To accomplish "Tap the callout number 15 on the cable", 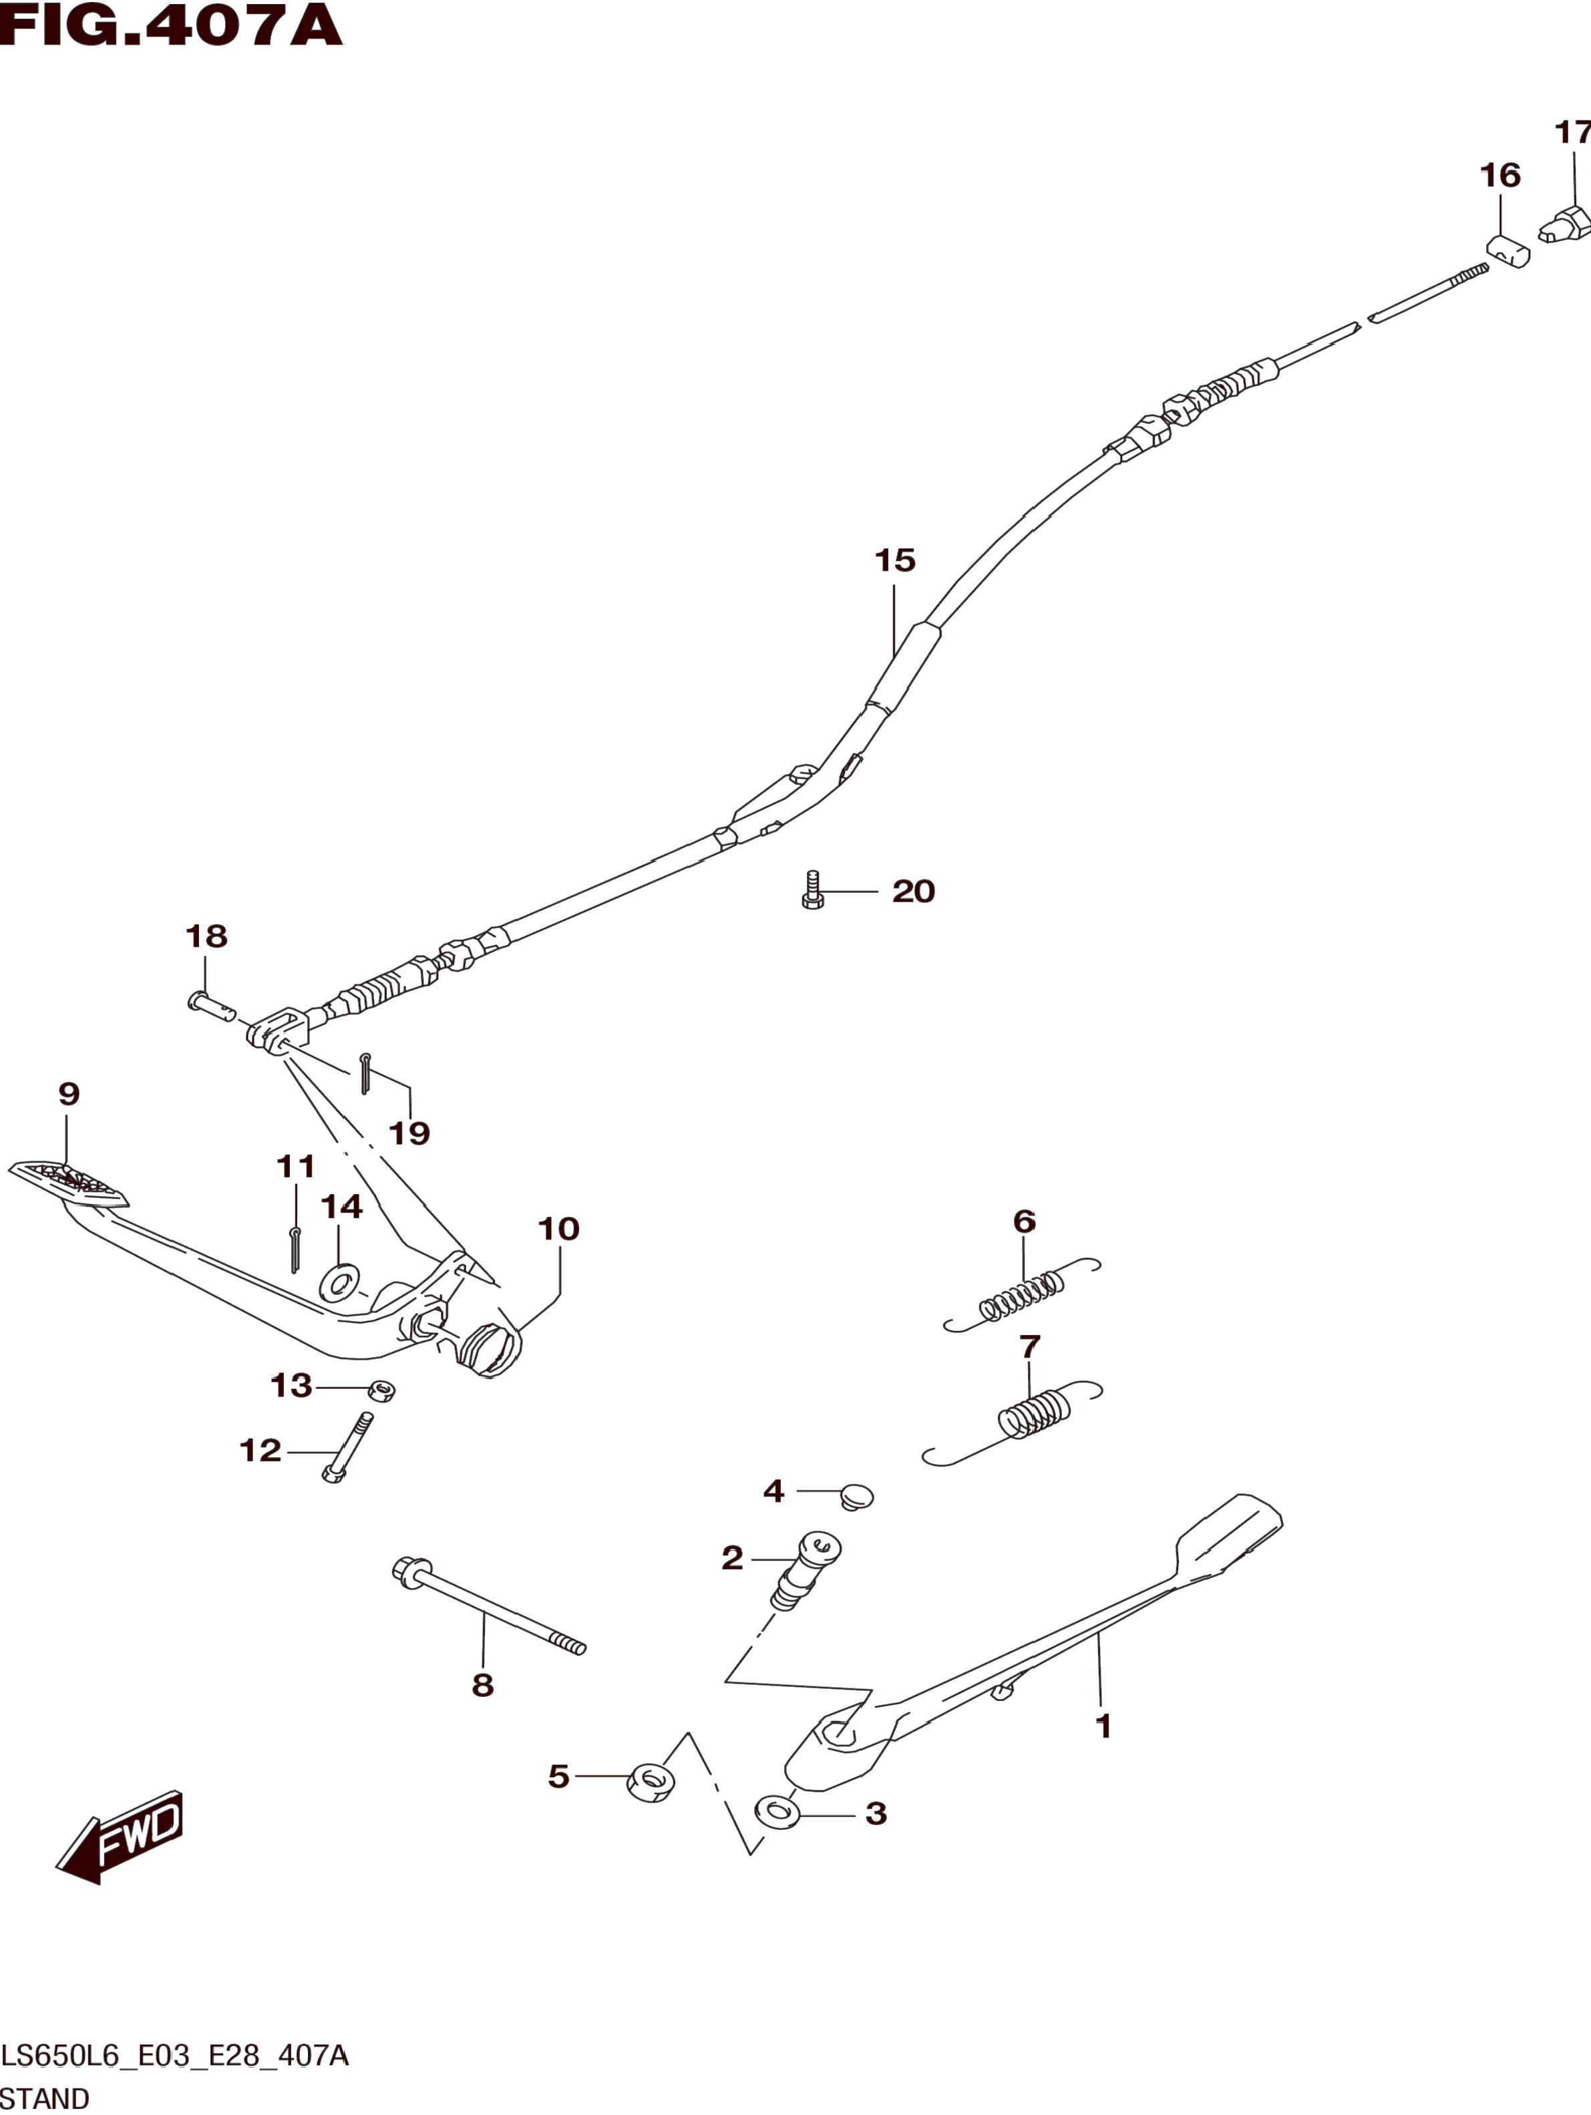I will pos(894,560).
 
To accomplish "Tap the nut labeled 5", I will pos(650,1782).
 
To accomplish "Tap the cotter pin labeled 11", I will pos(295,1249).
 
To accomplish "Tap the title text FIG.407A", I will pos(170,26).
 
